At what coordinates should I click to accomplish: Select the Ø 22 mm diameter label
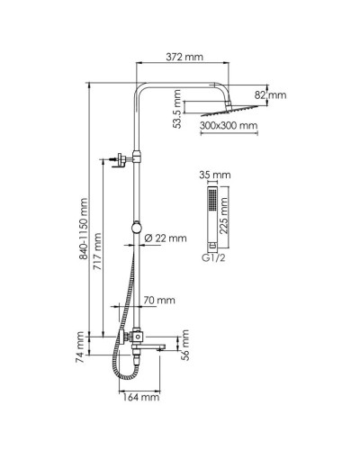[x=166, y=238]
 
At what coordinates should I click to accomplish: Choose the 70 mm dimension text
[x=159, y=301]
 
